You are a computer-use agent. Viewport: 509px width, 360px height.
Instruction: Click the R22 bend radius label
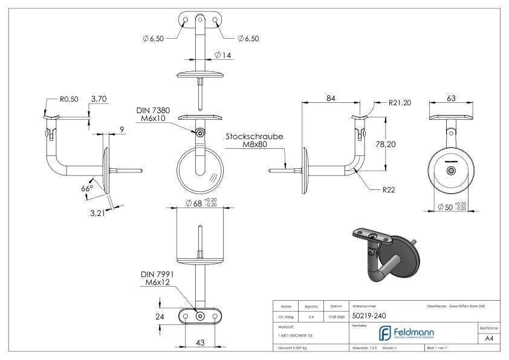(388, 190)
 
